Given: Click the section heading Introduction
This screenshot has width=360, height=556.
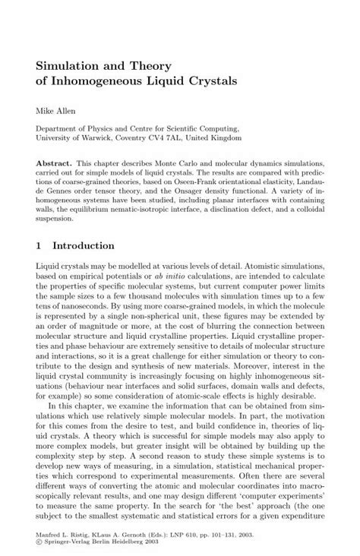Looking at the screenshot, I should pos(84,246).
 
